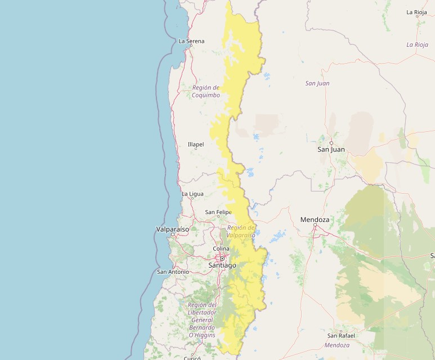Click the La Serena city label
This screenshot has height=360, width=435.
pos(191,41)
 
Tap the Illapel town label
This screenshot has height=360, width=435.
pos(196,144)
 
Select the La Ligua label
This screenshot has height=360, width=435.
pos(192,194)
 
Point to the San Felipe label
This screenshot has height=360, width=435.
pos(218,212)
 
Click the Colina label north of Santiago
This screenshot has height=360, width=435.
pos(221,248)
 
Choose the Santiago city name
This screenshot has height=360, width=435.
pos(222,265)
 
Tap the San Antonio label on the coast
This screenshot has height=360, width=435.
pos(173,272)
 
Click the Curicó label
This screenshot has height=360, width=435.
pos(192,357)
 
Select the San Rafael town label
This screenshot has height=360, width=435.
pos(341,335)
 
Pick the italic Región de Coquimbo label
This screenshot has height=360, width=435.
pos(205,91)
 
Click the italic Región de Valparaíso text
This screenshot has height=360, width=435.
pos(241,231)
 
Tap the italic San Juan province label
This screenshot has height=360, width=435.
pos(317,83)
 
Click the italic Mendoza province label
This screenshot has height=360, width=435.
pos(337,345)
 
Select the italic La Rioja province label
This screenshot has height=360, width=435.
pos(417,45)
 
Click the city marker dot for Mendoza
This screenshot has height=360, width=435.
pos(315,226)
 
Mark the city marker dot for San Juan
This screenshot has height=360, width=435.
pos(331,143)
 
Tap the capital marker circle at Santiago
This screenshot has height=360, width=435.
pos(222,259)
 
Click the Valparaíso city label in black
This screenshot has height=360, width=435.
pos(172,229)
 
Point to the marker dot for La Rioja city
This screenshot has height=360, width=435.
pos(417,16)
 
